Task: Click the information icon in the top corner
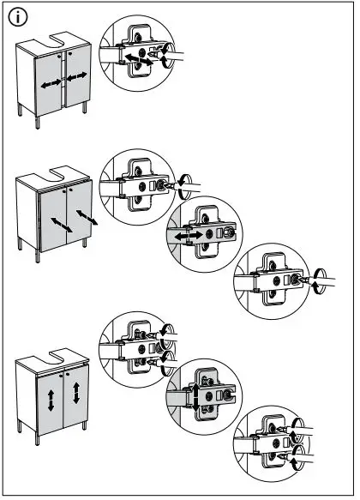tap(18, 17)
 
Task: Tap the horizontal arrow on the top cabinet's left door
tap(49, 83)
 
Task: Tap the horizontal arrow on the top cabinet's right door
tap(77, 77)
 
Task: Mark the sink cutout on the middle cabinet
tap(57, 184)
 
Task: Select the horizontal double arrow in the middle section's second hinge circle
tap(187, 233)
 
